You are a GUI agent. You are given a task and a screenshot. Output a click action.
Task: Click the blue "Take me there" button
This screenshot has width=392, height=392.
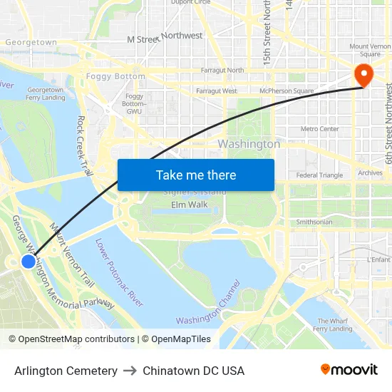coord(196,175)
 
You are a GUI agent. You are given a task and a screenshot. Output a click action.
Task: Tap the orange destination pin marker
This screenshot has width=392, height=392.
coord(363,75)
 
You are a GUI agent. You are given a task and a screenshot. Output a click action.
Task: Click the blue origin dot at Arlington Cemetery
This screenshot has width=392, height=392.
coord(29,262)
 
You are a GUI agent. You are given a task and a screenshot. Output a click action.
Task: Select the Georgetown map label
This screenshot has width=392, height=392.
coord(31,42)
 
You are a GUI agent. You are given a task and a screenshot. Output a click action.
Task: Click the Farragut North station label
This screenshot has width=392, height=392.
coord(222,70)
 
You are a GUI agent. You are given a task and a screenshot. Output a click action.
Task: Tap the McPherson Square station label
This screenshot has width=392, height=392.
coord(287,91)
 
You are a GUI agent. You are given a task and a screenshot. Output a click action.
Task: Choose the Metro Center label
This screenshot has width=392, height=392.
coord(319,129)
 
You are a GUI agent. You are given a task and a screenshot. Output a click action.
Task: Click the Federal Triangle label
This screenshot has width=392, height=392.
coord(319,175)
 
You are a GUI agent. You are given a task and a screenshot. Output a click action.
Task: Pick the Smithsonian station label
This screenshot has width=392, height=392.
coord(314,222)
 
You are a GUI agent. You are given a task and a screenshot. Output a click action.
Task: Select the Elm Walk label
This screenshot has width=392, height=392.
coord(190,205)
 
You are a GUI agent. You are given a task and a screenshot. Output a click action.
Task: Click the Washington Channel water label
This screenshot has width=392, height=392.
coord(208,311)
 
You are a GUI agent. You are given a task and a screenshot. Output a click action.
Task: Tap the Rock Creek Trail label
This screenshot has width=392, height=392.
coord(85,146)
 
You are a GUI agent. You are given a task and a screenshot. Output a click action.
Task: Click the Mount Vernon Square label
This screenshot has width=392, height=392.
coord(370,50)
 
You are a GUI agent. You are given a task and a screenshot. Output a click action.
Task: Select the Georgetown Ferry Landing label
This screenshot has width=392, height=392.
coord(46,93)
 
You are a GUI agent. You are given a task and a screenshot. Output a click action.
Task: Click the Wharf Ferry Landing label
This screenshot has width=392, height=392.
coord(333,325)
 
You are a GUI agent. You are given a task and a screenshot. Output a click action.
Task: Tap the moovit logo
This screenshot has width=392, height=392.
coord(349,370)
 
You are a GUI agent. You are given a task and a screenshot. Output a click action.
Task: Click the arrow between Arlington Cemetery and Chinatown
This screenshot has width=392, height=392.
coord(130,371)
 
